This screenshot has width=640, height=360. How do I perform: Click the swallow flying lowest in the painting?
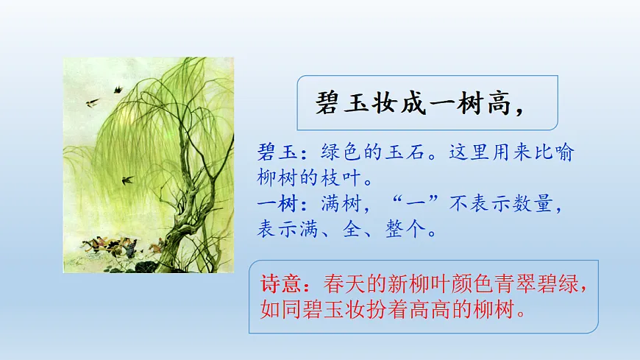pyautogui.click(x=128, y=179)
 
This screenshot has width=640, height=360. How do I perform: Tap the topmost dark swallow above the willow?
pyautogui.click(x=116, y=90)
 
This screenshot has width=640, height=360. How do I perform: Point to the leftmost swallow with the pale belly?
pyautogui.click(x=93, y=102)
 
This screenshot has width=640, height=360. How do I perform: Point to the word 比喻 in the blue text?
pyautogui.click(x=558, y=153)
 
